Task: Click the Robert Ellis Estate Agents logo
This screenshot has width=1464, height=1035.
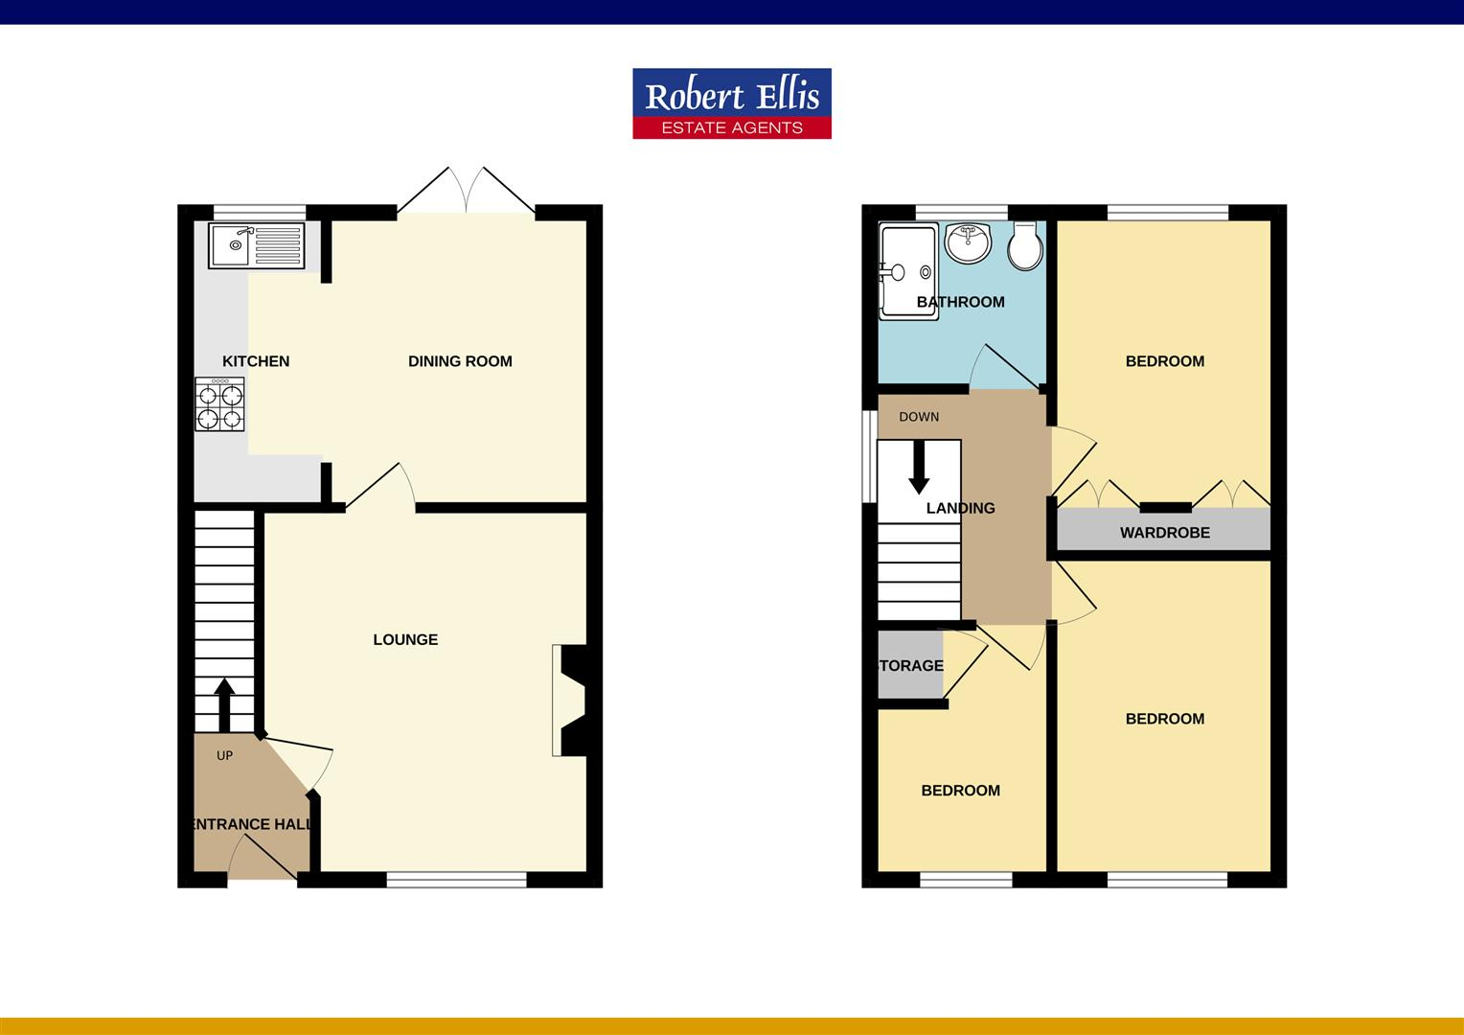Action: (x=732, y=103)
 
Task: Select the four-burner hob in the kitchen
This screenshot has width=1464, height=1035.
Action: (x=219, y=404)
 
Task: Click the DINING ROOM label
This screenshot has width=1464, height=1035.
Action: (x=460, y=361)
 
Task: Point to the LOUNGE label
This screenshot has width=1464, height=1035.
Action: (x=405, y=639)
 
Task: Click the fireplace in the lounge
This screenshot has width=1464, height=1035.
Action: (x=570, y=701)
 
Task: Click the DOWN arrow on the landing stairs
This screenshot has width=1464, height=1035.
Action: (x=919, y=465)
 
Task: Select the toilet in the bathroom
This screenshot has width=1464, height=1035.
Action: (x=1025, y=246)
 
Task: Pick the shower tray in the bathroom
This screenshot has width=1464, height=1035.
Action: (x=906, y=271)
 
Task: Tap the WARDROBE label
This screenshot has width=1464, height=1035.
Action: (x=1164, y=533)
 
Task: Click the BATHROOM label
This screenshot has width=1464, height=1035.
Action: (x=960, y=302)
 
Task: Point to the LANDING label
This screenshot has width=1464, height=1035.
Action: (x=960, y=508)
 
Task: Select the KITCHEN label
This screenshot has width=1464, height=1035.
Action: (x=256, y=361)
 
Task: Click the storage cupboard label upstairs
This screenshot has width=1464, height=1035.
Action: (x=911, y=665)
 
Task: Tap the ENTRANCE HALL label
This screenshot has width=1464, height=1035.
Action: (x=252, y=824)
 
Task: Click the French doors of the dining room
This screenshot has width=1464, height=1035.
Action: (x=467, y=190)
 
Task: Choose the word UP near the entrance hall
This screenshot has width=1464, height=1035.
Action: (x=224, y=755)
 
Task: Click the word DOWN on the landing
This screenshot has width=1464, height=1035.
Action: (x=919, y=417)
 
